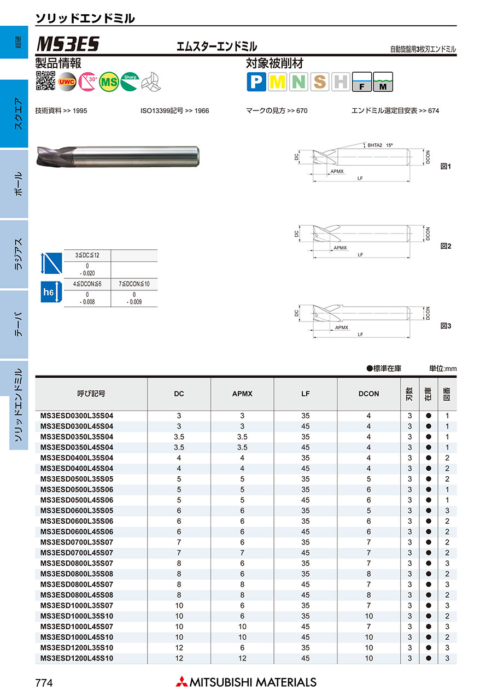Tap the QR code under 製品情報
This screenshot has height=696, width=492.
[45, 80]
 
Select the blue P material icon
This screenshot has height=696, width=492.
[256, 82]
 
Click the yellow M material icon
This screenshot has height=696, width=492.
[278, 82]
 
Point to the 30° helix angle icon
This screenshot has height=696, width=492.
[88, 81]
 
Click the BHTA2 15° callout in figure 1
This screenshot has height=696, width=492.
[380, 145]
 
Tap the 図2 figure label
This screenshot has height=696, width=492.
[446, 247]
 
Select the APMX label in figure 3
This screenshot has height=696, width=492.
[342, 327]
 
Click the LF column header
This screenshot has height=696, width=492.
[305, 394]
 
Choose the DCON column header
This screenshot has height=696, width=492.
[368, 394]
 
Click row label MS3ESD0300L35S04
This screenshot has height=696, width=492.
[77, 416]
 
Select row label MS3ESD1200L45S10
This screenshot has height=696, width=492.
[77, 658]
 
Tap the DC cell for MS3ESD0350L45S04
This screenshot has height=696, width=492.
[179, 447]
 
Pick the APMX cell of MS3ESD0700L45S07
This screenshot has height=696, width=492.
[242, 553]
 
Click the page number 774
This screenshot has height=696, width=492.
[44, 682]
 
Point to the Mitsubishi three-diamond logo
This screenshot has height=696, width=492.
[181, 682]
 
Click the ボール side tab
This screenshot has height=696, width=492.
[18, 184]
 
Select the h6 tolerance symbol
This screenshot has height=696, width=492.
[48, 293]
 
